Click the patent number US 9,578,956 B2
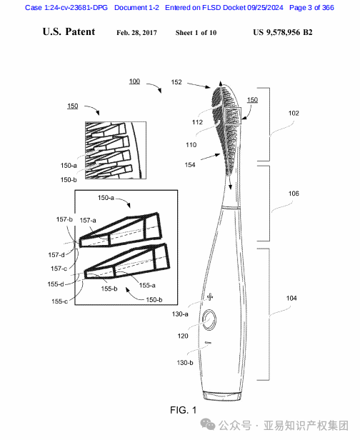tap(283, 33)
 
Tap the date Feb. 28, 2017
tap(136, 33)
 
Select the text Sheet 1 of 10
tap(196, 33)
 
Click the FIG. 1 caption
tap(184, 410)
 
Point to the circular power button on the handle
tap(209, 320)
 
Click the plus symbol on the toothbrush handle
tap(210, 297)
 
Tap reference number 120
tap(183, 336)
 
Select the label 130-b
tap(185, 363)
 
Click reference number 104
tap(291, 298)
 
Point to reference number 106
tap(294, 194)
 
